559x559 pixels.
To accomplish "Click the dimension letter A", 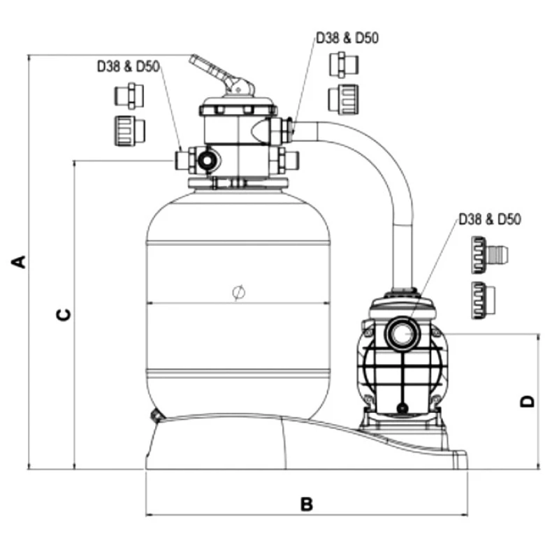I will [x=20, y=262].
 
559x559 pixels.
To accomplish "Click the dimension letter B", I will [x=306, y=504].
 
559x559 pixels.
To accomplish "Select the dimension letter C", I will [x=63, y=314].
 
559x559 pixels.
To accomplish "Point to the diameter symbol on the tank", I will [x=237, y=292].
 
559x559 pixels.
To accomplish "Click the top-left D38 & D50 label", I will [x=128, y=67].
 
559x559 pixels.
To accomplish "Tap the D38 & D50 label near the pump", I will [x=491, y=220].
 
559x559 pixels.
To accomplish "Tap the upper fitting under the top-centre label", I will [x=344, y=64].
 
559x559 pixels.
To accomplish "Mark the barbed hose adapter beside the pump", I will [x=488, y=254].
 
